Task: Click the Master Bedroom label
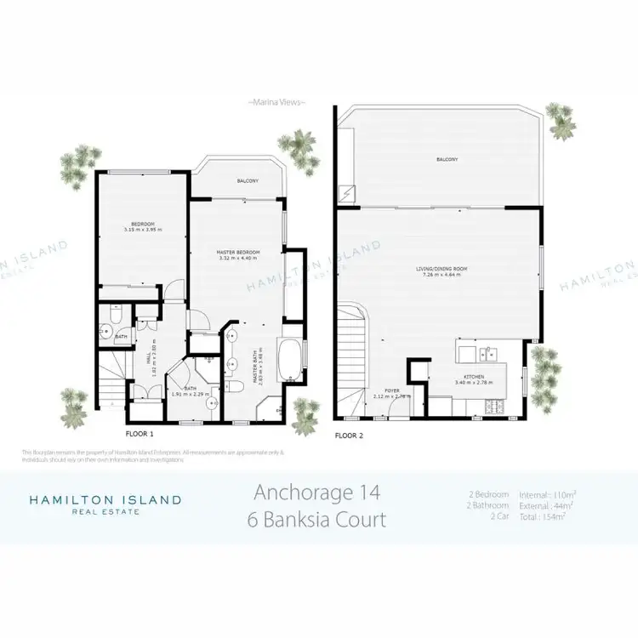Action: [x=237, y=253]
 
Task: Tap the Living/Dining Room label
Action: [x=438, y=270]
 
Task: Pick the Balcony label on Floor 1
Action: [x=247, y=181]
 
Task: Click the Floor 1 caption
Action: [x=140, y=434]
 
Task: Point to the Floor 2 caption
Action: [x=350, y=436]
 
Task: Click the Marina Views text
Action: [x=276, y=103]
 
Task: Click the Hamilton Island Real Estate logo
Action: [x=105, y=504]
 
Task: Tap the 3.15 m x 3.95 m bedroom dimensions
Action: [x=141, y=230]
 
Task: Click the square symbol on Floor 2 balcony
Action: [x=347, y=193]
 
